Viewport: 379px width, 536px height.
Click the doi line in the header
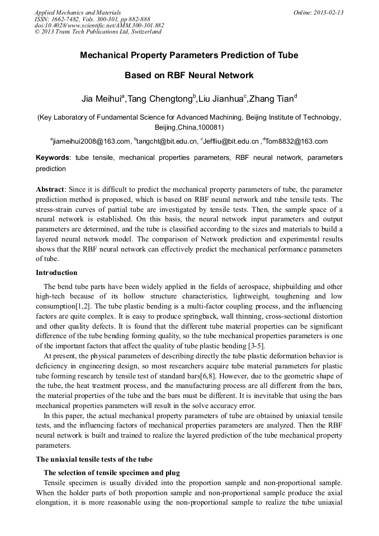tap(99, 25)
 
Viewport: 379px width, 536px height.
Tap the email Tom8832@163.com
tap(297, 141)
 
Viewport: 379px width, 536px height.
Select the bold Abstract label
tap(50, 189)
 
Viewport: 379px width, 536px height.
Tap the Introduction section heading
tap(56, 273)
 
